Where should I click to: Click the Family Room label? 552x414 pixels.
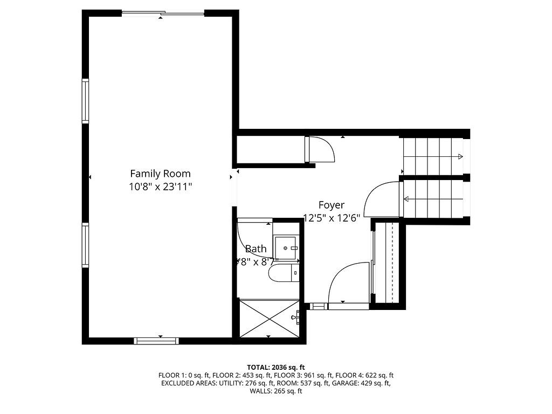point(160,174)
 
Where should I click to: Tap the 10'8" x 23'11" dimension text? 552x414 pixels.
point(160,187)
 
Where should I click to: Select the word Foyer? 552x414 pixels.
point(331,205)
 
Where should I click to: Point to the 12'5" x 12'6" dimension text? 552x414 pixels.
point(332,218)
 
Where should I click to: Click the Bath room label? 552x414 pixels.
point(256,249)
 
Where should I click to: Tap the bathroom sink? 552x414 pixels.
point(286,248)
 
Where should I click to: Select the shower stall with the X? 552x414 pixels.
point(268,319)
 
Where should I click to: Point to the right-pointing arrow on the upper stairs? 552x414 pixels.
point(459,157)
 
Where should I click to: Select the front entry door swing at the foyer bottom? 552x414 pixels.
point(348,283)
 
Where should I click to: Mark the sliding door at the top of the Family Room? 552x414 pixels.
point(163,13)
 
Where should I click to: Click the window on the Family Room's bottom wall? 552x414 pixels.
point(156,340)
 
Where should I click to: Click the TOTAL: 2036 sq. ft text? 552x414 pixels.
point(275,367)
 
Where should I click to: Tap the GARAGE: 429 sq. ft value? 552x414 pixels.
point(369,383)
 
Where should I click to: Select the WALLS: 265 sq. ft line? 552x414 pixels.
point(275,391)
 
